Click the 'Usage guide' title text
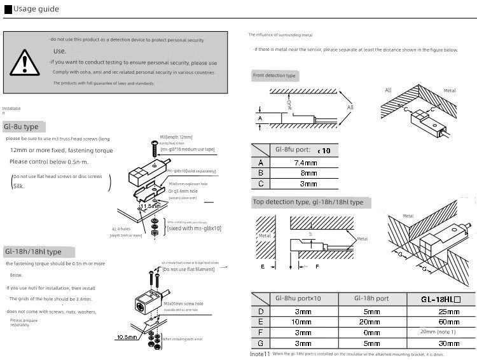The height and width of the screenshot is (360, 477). point(35,9)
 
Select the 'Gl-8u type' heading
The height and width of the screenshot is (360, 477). point(21,127)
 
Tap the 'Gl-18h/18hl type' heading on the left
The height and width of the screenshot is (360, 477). point(32,252)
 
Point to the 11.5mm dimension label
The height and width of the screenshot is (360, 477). point(150,206)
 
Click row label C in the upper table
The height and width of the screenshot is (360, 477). point(260,184)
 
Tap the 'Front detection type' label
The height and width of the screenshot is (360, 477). point(274,76)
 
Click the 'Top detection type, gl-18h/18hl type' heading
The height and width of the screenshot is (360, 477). point(308,202)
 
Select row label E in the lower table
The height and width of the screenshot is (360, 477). point(260,322)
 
